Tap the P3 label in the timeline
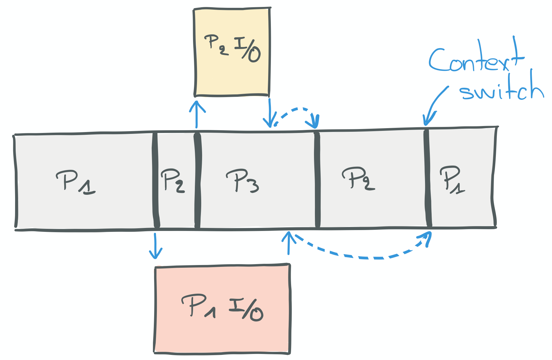pos(242,181)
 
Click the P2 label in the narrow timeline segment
pos(173,180)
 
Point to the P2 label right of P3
pos(358,178)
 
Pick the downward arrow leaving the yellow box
pos(269,113)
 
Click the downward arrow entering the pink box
pos(155,246)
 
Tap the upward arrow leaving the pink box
pos(289,243)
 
